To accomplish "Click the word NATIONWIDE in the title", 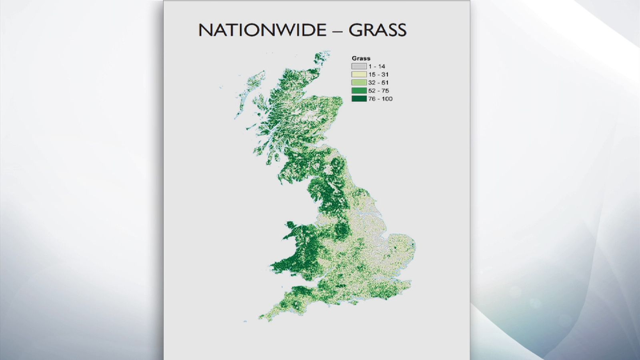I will (x=262, y=30).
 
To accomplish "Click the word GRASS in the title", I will (x=377, y=30).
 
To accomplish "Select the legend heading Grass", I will (x=361, y=58).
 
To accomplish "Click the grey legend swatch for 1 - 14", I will (x=359, y=66).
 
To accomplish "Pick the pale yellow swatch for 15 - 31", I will (x=359, y=74).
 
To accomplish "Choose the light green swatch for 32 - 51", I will (x=359, y=82).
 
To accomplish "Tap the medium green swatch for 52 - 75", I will (x=359, y=91).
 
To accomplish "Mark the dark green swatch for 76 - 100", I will (x=359, y=99).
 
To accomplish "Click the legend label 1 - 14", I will (x=377, y=66).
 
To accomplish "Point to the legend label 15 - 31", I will (x=378, y=74).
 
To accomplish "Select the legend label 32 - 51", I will (x=378, y=82).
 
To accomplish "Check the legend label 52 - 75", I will (x=378, y=91).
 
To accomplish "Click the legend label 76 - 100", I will (x=380, y=99).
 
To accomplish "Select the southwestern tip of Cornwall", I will (x=262, y=318).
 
